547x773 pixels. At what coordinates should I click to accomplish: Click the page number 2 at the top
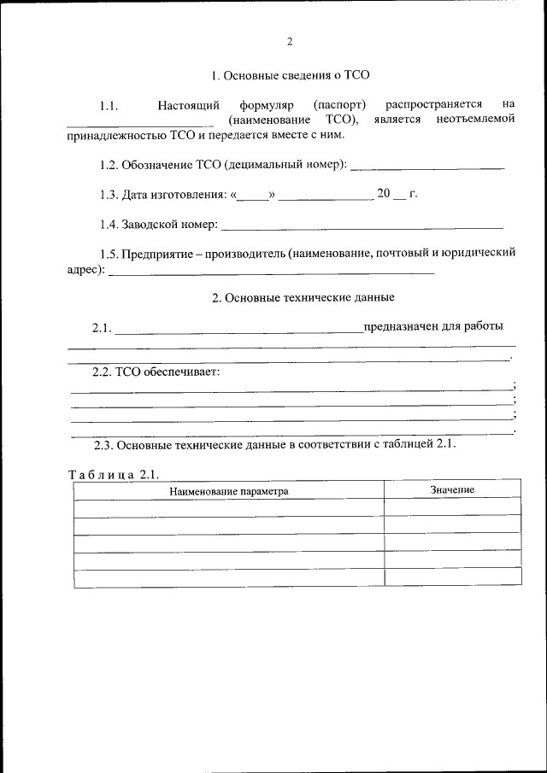290,41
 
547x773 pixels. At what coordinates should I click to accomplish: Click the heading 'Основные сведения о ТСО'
290,75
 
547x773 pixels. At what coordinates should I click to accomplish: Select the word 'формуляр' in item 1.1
266,105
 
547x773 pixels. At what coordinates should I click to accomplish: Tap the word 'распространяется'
433,105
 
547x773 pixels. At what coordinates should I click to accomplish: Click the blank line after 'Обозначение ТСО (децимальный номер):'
427,166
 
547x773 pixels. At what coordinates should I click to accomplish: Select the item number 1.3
108,195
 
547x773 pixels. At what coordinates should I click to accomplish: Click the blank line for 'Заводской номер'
362,227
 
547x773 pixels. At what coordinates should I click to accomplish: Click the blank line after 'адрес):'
272,272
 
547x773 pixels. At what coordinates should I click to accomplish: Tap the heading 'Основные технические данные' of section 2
303,298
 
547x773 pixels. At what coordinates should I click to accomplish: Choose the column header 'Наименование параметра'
228,491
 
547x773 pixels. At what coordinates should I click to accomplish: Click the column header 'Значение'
452,490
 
